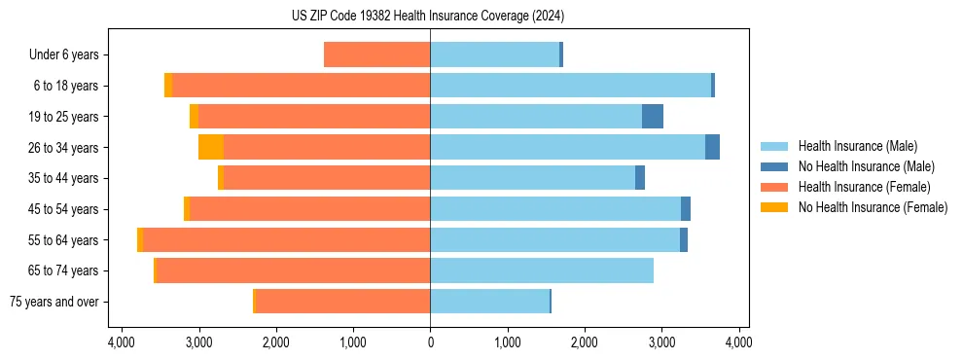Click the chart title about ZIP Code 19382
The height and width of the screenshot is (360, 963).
click(x=428, y=17)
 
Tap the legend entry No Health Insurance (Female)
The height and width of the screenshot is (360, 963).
click(x=873, y=207)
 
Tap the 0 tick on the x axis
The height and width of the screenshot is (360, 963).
click(x=430, y=342)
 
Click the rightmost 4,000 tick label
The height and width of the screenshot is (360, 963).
click(x=738, y=342)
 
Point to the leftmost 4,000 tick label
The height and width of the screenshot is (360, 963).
click(x=122, y=342)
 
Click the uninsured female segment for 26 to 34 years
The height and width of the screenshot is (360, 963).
click(x=211, y=147)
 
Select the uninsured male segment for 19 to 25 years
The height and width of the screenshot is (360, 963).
click(x=653, y=117)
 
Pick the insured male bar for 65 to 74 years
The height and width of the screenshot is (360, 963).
click(x=542, y=270)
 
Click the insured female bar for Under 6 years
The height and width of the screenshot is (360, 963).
click(x=377, y=54)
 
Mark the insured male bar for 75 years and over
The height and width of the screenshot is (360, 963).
click(x=489, y=302)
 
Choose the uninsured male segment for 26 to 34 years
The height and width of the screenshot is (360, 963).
click(x=712, y=147)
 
